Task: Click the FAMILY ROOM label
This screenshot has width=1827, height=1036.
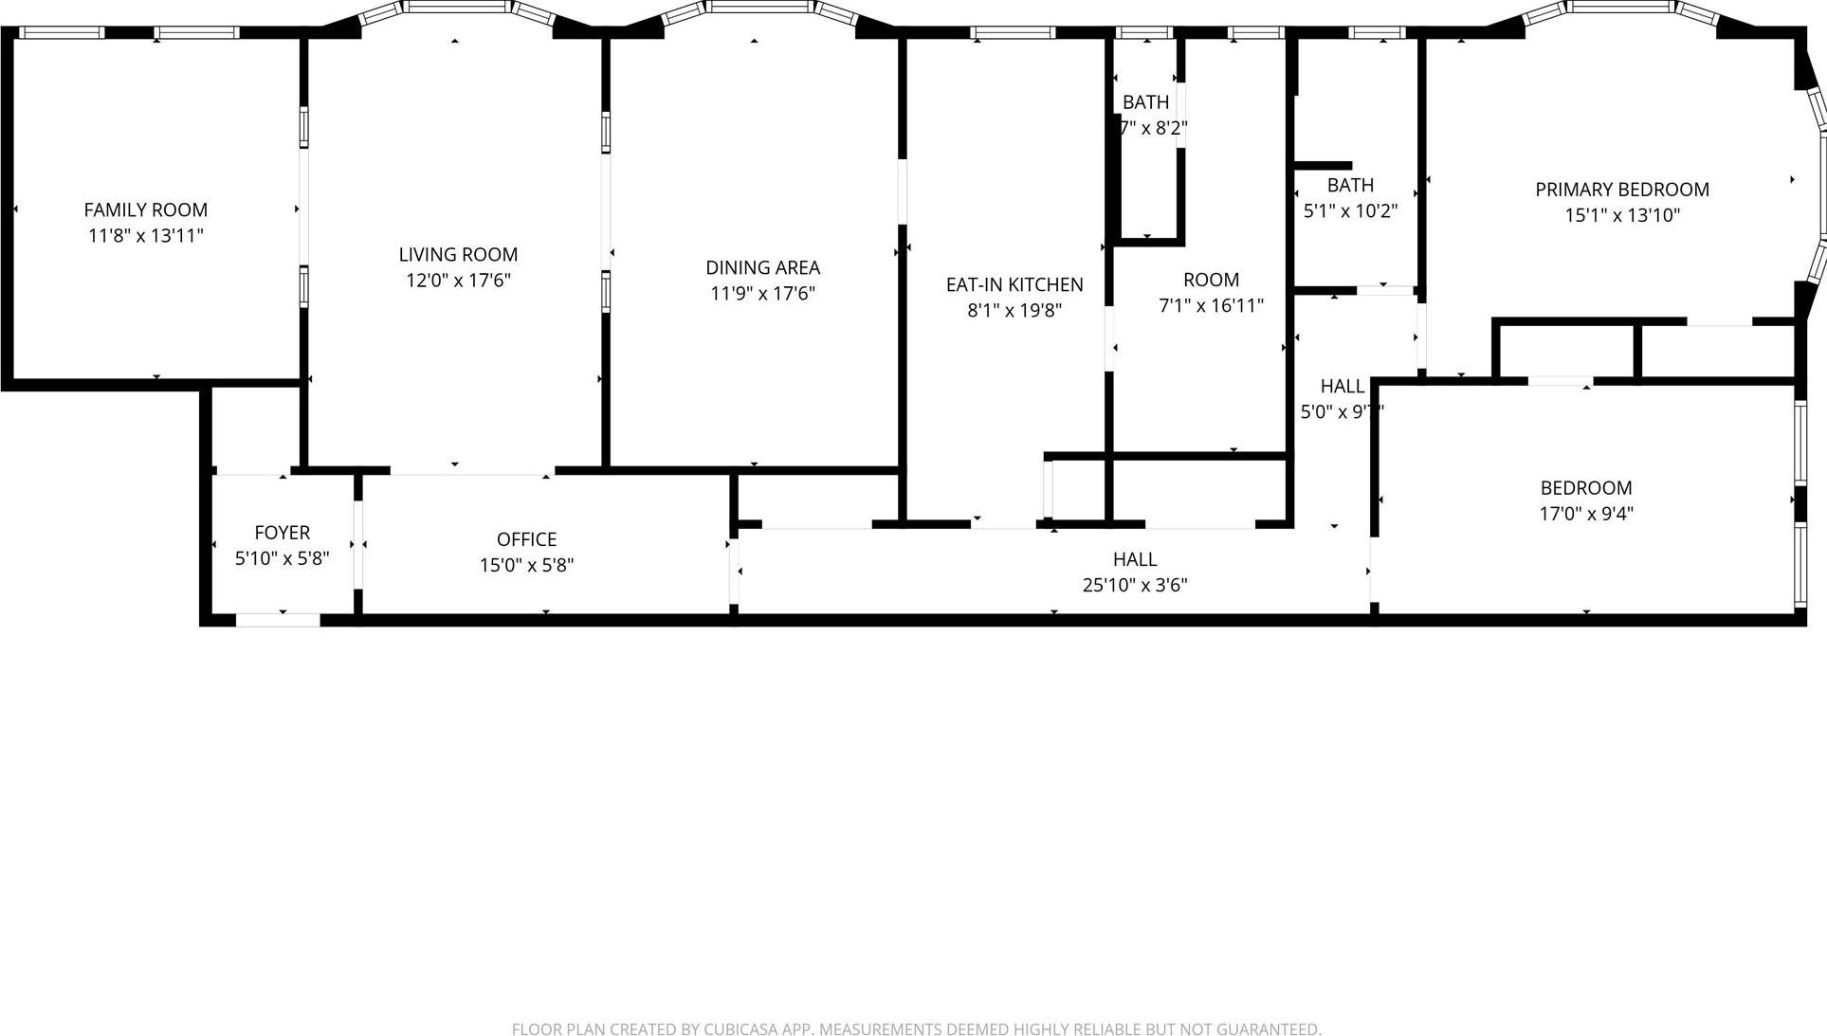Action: [x=145, y=209]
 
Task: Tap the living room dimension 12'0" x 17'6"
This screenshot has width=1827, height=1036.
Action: [x=458, y=281]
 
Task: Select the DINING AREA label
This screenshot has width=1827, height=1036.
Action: [x=762, y=267]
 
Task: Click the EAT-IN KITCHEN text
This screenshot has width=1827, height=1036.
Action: [x=1014, y=284]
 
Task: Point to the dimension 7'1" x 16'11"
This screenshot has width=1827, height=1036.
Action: [x=1211, y=305]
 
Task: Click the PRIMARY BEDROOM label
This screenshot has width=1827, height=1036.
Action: [x=1621, y=190]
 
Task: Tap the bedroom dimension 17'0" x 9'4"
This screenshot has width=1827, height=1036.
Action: [x=1585, y=514]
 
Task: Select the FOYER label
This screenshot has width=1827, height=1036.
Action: [x=282, y=533]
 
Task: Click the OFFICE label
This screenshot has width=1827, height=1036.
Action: [x=526, y=539]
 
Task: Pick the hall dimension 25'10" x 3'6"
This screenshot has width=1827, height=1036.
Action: [x=1134, y=585]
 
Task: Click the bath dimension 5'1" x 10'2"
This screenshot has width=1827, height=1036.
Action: [x=1350, y=210]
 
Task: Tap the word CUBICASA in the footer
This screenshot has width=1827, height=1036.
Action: [x=740, y=1029]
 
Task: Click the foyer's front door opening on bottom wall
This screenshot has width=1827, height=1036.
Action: [x=278, y=620]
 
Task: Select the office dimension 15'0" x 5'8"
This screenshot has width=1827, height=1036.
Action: [x=526, y=565]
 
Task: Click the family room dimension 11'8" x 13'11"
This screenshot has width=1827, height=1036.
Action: [x=145, y=235]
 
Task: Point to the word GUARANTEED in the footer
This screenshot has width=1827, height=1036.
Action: [x=1269, y=1029]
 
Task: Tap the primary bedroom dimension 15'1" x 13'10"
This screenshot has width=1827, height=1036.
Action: [x=1621, y=215]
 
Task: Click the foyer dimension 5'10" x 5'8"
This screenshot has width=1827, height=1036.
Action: [x=282, y=558]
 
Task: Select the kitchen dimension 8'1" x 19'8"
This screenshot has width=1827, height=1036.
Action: [x=1014, y=310]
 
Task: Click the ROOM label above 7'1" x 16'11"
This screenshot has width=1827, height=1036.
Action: [x=1211, y=280]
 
